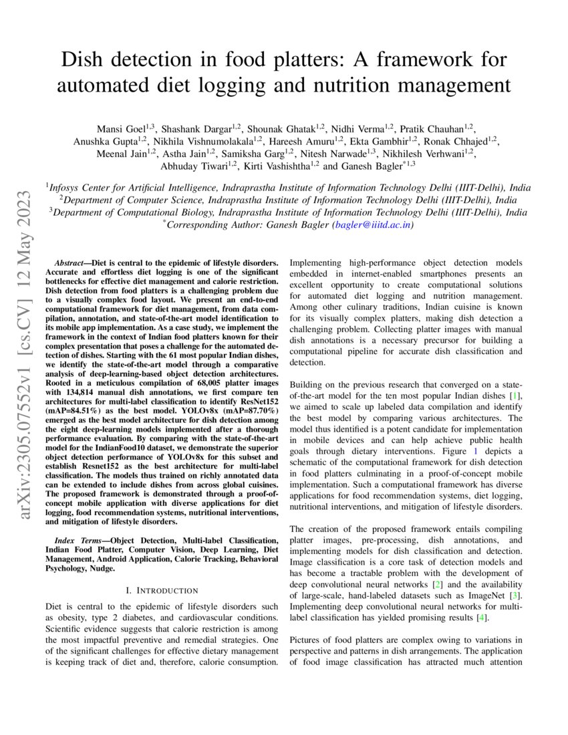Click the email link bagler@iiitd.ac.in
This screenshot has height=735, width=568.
[372, 225]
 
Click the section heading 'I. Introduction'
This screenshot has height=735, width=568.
[162, 590]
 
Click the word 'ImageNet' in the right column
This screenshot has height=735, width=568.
[486, 595]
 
